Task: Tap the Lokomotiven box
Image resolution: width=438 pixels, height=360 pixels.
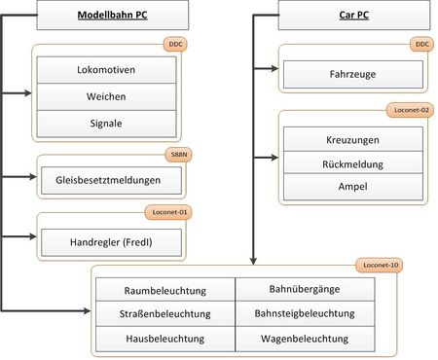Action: click(x=107, y=71)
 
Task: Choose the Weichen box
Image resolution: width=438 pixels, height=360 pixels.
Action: click(x=107, y=97)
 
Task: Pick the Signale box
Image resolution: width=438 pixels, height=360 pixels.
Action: click(x=107, y=124)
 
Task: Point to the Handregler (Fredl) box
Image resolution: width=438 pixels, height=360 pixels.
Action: click(x=110, y=242)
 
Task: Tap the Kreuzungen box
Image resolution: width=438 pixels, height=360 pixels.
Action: click(x=353, y=140)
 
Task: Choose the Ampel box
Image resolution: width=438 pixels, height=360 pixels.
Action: click(x=353, y=185)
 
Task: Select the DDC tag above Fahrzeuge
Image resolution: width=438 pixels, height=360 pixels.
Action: click(x=420, y=44)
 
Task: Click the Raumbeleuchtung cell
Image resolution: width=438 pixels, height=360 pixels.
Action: click(x=165, y=290)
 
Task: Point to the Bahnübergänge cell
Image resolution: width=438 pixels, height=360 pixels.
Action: click(x=305, y=290)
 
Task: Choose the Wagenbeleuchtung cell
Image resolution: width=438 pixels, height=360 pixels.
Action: click(x=305, y=339)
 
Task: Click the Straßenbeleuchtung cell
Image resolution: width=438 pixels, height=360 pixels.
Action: click(x=165, y=314)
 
